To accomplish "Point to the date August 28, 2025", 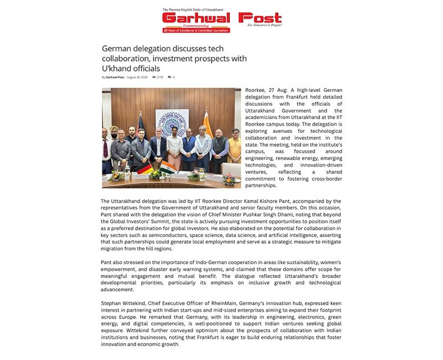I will click(x=137, y=78).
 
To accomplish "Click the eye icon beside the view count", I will click(x=154, y=78).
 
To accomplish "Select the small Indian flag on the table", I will click(x=169, y=167).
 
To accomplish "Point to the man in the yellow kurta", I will click(x=234, y=150).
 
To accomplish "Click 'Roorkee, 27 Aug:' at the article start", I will click(x=264, y=90).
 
